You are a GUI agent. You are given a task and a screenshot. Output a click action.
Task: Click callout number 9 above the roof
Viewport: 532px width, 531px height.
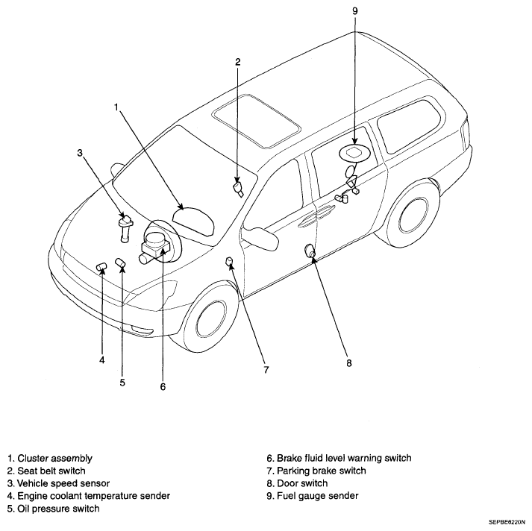point(355,11)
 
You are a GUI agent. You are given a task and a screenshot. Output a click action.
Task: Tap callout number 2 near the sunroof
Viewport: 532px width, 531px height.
point(237,62)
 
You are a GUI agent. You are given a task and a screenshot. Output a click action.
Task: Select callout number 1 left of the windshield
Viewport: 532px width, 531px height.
point(116,107)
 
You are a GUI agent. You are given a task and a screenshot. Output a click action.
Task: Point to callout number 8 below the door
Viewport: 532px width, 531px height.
point(349,363)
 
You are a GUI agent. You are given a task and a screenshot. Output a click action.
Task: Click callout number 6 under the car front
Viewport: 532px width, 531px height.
point(163,386)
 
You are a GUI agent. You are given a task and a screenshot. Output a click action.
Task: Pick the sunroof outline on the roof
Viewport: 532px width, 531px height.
point(257,121)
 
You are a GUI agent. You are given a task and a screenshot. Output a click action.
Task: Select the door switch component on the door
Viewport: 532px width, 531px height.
point(310,251)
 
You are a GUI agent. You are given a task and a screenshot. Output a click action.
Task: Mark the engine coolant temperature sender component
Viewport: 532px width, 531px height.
point(101,266)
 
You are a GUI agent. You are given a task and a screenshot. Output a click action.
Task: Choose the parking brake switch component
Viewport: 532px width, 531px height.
point(230,260)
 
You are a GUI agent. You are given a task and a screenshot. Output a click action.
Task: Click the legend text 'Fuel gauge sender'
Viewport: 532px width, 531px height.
point(318,496)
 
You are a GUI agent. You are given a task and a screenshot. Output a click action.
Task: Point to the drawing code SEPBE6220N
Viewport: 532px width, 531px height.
point(507,521)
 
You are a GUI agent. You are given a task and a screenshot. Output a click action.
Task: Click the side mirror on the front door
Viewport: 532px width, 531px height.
point(260,237)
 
